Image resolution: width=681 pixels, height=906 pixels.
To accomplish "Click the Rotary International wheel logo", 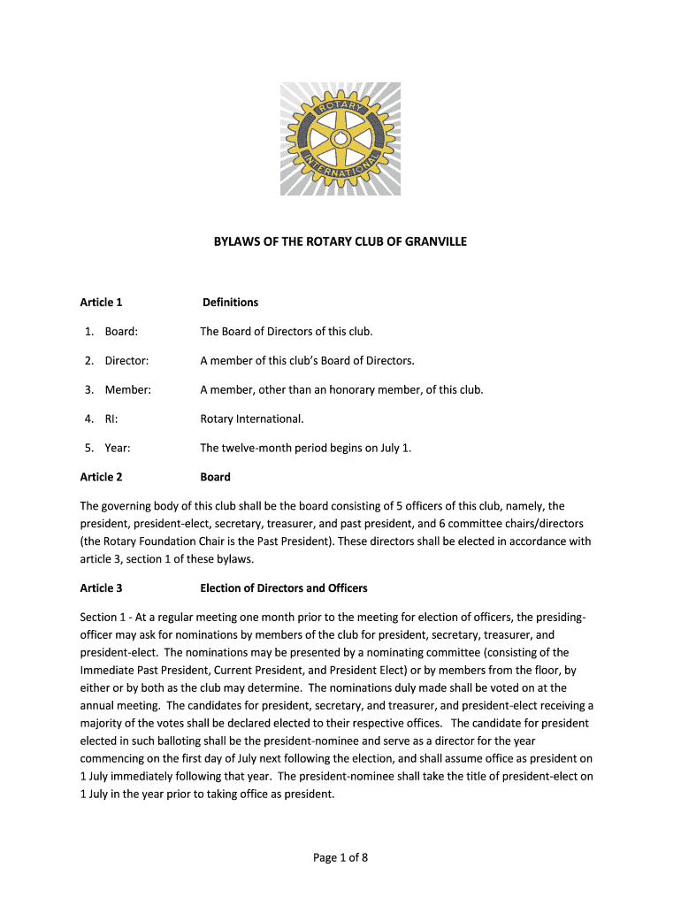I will [340, 139].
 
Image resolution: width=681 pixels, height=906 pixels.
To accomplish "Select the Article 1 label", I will [101, 303].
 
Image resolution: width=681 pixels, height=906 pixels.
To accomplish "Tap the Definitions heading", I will [230, 303].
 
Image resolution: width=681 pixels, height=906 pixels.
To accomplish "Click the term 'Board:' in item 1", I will [121, 332].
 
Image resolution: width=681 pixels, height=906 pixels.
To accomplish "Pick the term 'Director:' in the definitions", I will [126, 361].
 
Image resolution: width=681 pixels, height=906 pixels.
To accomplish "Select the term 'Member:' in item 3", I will [127, 390].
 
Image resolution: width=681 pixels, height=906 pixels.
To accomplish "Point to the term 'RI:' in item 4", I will [112, 419].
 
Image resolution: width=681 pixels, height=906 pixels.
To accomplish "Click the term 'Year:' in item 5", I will [118, 448].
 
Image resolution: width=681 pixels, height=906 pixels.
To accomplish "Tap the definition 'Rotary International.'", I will [251, 419].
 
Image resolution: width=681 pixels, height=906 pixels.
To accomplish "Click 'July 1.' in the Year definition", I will [395, 448].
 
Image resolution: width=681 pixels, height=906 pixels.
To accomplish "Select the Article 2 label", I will [101, 477].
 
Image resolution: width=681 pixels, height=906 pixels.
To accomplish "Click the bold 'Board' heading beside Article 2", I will [215, 477].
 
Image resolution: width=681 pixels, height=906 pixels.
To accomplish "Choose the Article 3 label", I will [101, 588].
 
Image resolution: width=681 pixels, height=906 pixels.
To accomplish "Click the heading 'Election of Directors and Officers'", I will [283, 588].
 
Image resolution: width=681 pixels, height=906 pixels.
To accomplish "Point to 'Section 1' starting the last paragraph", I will [104, 617].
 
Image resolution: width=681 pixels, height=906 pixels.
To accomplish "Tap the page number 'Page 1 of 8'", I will [340, 856].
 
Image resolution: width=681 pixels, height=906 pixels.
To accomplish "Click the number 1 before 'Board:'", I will [88, 332].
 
